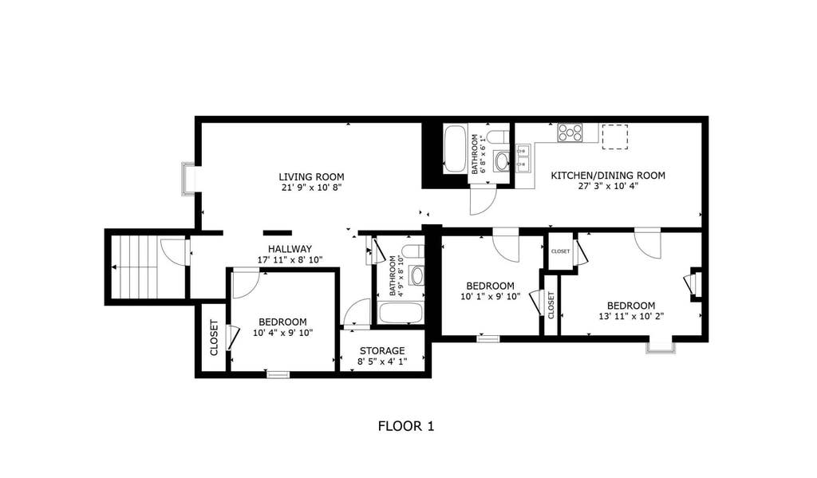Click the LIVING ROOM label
311,177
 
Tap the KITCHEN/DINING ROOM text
608,176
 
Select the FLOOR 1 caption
406,426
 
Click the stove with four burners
570,132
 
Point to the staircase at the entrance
136,267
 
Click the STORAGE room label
382,351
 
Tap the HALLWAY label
290,249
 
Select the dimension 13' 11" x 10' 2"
631,316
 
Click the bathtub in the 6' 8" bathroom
455,148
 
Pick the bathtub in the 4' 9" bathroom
401,314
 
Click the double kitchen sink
523,159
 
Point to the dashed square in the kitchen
615,136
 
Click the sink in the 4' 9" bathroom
416,275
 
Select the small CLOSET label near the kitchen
560,251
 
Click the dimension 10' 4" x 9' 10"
283,333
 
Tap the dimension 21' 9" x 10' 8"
311,188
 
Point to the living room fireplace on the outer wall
188,179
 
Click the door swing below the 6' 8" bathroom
483,199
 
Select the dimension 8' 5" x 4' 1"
382,361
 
